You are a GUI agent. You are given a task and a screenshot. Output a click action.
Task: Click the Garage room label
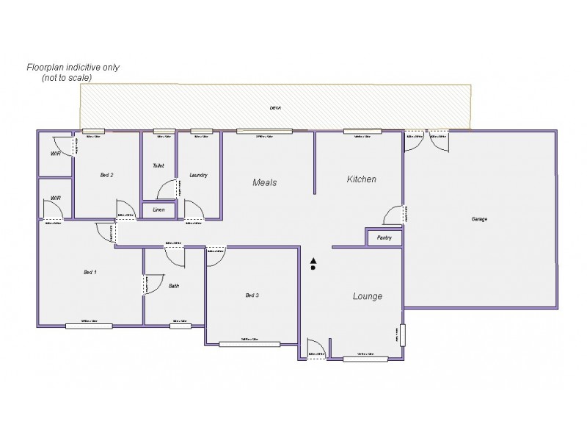click(479, 219)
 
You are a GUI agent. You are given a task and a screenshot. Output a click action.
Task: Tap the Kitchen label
click(361, 179)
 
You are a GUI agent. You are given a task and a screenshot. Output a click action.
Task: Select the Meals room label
click(264, 182)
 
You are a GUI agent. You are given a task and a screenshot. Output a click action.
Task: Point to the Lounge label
click(368, 296)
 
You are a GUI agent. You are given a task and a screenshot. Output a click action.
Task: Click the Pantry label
click(384, 238)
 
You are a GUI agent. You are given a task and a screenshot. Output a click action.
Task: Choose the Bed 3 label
click(252, 295)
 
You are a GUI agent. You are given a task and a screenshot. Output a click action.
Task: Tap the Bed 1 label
click(90, 272)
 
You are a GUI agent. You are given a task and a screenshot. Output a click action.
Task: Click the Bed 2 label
click(106, 175)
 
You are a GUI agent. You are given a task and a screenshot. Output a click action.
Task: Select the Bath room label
click(174, 286)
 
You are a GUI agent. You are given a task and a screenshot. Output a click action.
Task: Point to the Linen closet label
click(158, 210)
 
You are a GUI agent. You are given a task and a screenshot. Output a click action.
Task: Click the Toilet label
click(158, 166)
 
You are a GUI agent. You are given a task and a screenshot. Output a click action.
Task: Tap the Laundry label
click(198, 175)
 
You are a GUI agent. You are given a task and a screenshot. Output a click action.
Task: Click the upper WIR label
click(55, 154)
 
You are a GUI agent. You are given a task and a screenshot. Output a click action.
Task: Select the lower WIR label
click(55, 198)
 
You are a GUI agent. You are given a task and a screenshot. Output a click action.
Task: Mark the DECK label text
click(275, 108)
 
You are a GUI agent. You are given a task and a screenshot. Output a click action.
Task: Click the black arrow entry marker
click(313, 261)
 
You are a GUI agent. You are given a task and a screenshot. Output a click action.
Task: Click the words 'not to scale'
click(70, 76)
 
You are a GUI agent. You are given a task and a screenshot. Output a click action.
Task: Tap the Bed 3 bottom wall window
click(249, 343)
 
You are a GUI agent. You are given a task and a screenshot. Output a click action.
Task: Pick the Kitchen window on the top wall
click(362, 132)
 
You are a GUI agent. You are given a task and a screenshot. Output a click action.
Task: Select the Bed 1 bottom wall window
click(89, 325)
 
